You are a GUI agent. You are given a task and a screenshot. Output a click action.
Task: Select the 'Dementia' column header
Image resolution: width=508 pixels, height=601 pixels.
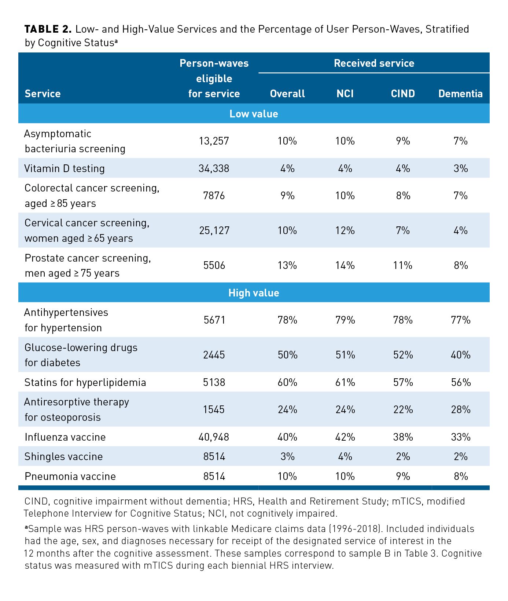[460, 94]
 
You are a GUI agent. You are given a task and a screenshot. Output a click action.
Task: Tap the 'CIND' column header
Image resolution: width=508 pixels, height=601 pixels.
[403, 94]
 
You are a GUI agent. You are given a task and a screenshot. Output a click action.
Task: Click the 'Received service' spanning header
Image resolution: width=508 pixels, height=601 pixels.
[374, 63]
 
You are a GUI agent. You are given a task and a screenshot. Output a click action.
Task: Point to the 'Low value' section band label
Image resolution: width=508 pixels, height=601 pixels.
[254, 114]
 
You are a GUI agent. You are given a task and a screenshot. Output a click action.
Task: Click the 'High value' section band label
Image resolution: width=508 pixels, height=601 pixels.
[254, 293]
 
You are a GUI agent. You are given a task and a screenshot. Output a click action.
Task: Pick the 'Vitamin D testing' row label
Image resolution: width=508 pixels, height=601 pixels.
[65, 168]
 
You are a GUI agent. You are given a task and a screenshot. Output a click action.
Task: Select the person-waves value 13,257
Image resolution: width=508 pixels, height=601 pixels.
[214, 141]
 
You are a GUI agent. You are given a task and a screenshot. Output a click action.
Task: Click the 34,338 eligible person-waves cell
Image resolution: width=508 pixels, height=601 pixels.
[214, 168]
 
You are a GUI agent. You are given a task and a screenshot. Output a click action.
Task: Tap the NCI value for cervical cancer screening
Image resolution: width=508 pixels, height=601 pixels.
[345, 230]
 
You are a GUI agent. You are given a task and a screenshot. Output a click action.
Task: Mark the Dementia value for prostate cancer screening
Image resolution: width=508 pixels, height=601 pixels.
[461, 265]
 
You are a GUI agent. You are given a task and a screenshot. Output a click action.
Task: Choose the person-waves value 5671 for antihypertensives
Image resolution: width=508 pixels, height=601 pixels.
[214, 320]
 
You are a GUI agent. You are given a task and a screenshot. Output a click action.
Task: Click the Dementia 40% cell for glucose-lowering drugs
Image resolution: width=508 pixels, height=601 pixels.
[461, 355]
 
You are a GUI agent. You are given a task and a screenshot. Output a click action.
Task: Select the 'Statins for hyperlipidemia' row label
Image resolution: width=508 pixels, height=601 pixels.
[85, 382]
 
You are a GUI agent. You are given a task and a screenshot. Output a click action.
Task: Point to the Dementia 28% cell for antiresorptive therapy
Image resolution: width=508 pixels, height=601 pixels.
[461, 409]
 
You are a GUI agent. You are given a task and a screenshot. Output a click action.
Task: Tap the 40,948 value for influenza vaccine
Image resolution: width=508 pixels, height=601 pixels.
[214, 437]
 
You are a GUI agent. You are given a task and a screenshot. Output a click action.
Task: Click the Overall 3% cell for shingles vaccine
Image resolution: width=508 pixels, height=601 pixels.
[287, 456]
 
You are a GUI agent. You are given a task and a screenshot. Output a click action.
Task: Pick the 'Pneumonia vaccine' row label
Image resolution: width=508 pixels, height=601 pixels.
[70, 476]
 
